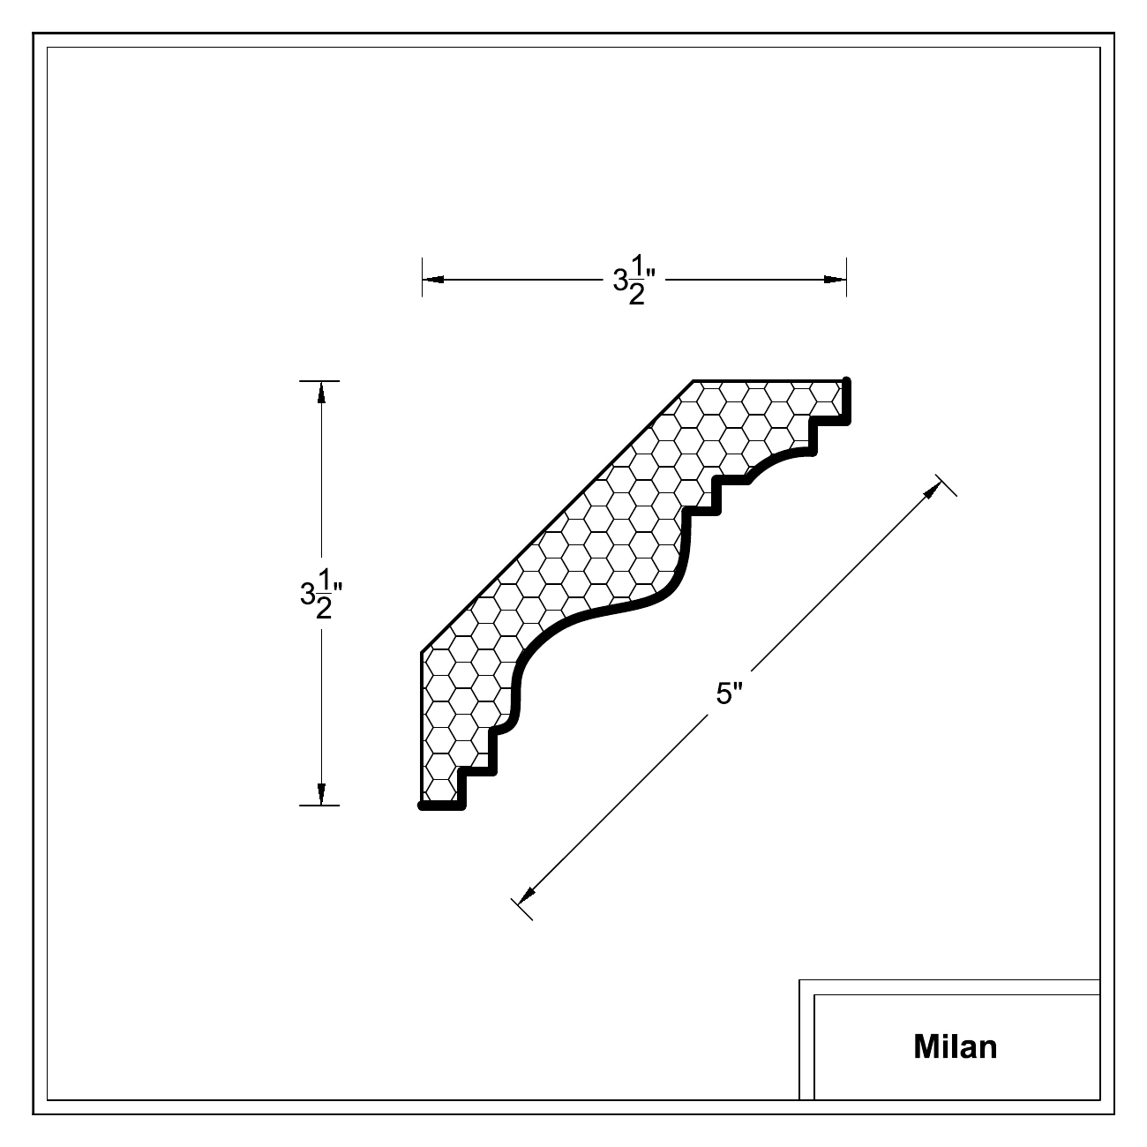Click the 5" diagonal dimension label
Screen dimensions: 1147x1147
coord(730,693)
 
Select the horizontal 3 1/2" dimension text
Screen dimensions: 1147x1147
coord(634,280)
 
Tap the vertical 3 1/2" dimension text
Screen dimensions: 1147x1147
coord(321,594)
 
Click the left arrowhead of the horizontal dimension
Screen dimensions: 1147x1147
coord(433,279)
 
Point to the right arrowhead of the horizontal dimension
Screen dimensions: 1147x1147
coord(835,279)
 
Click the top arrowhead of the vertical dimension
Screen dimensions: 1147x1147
coord(321,393)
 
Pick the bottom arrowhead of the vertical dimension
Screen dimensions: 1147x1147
coord(321,794)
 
